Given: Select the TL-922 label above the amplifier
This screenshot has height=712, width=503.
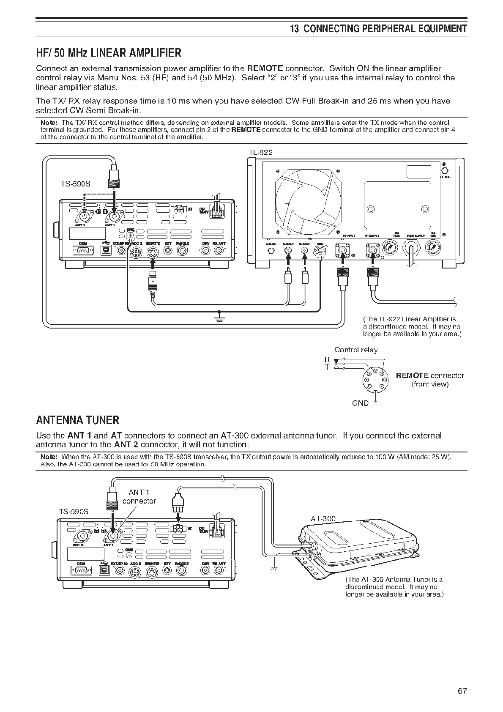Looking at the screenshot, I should click(260, 153).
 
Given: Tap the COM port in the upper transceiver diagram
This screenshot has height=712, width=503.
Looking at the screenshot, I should click(83, 251).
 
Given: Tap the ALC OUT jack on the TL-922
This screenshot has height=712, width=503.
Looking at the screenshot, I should click(288, 250).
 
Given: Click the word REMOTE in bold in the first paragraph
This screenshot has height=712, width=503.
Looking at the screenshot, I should click(265, 68).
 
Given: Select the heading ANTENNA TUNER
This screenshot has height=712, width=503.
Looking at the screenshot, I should click(78, 420).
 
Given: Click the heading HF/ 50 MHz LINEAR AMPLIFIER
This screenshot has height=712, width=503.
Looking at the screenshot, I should click(109, 53).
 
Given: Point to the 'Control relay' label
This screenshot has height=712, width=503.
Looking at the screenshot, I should click(356, 350).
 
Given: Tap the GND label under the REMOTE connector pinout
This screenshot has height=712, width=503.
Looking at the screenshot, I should click(360, 403).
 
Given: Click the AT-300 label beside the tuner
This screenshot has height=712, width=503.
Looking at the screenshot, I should click(323, 518).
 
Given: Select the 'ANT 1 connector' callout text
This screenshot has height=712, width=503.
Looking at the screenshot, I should click(139, 497).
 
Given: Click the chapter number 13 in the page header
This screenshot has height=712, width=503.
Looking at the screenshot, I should click(295, 29).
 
